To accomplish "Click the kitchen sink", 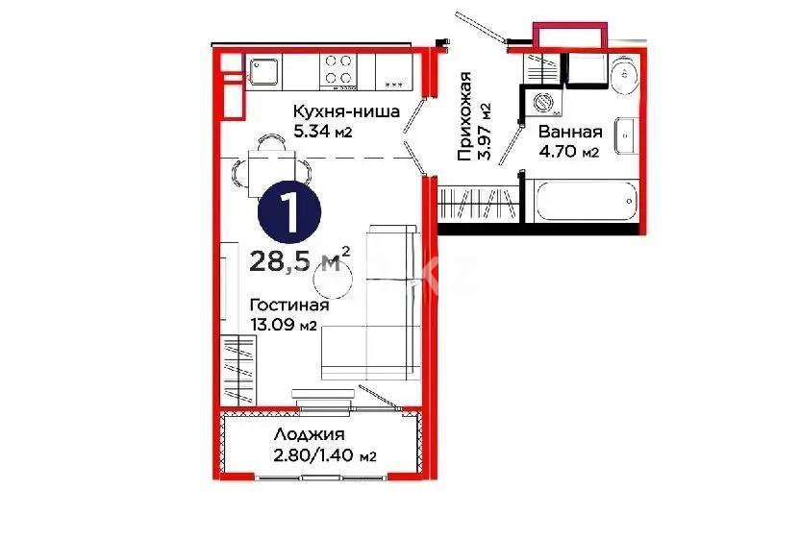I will (x=262, y=69).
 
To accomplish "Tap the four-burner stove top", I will (x=337, y=69).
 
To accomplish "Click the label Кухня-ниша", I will (x=346, y=112).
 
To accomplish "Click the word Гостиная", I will (x=289, y=306).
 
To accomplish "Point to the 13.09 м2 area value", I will (x=284, y=325).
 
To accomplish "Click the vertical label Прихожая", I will (x=465, y=115).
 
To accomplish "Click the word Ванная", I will (x=570, y=132).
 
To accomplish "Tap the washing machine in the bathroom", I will (x=542, y=103).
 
